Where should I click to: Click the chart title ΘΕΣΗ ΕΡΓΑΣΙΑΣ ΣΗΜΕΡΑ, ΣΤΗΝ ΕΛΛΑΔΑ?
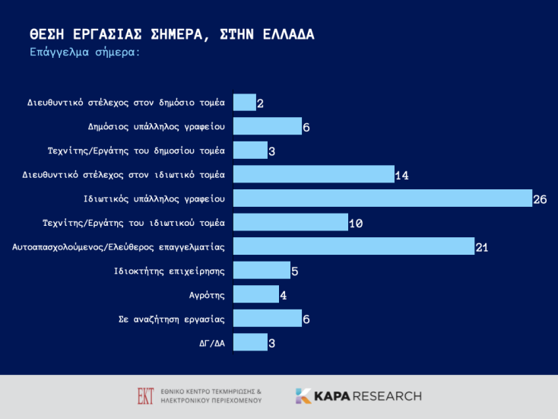(x=171, y=35)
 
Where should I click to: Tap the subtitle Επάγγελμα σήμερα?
(x=84, y=52)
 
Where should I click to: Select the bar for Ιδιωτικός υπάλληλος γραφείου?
(x=382, y=198)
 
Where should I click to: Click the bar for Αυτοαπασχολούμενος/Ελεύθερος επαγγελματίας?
(x=353, y=246)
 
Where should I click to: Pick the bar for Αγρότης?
(x=255, y=294)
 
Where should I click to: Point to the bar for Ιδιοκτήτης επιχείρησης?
(x=261, y=270)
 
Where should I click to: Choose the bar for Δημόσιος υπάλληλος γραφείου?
(x=267, y=126)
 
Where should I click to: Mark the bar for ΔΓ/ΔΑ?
(x=249, y=342)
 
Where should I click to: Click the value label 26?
(x=540, y=200)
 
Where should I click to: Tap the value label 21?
(x=482, y=248)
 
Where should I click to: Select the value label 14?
(x=402, y=176)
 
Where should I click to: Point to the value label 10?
(x=356, y=224)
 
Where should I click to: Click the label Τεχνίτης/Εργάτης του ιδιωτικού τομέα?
(x=134, y=223)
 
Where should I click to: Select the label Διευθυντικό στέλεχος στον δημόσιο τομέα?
(x=126, y=103)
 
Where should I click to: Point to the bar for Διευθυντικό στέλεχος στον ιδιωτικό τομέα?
(x=313, y=174)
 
